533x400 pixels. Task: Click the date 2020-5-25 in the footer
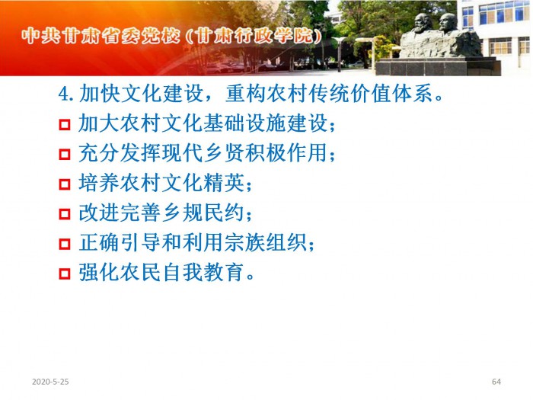click(x=50, y=382)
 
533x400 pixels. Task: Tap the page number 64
click(x=496, y=382)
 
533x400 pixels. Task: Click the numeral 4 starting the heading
click(x=64, y=94)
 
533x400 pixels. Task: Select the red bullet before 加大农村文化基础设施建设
click(x=65, y=124)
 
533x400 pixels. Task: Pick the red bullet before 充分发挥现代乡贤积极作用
click(x=65, y=155)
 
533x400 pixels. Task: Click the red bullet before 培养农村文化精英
click(x=65, y=184)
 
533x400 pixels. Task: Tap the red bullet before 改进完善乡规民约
click(x=65, y=214)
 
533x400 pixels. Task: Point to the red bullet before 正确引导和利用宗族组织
click(x=65, y=244)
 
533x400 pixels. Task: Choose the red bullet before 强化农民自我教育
click(x=65, y=274)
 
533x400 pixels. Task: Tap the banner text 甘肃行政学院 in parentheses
click(x=254, y=36)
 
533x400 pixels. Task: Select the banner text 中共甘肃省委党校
click(x=101, y=36)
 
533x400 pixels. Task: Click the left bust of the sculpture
click(x=422, y=23)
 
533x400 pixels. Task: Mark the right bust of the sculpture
click(x=448, y=23)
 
